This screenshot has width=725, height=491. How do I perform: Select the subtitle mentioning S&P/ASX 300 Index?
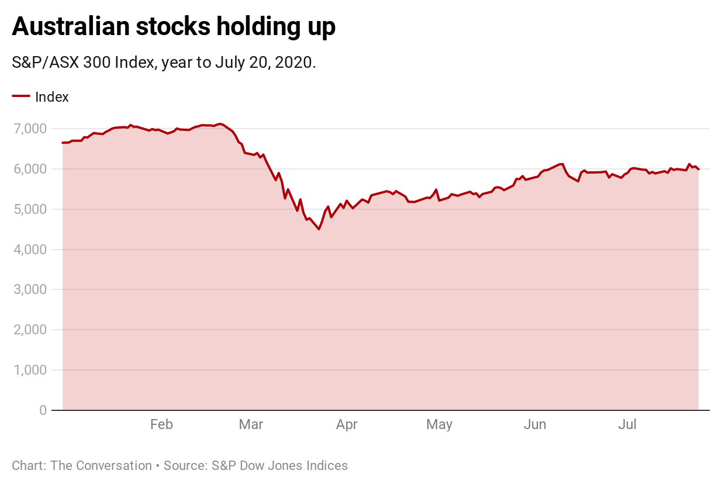coord(164,63)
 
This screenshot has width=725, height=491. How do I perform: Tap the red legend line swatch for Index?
coord(21,96)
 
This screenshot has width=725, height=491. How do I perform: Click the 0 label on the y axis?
coord(43,411)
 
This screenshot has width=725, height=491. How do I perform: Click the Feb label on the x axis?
coord(161,425)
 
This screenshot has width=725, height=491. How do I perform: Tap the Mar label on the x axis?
coord(251,425)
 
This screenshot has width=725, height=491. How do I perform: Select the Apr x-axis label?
coord(347,425)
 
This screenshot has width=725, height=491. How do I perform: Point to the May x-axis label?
coord(439,425)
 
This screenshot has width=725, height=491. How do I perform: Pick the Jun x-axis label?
coord(534,425)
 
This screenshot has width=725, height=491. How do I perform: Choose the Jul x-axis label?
coord(627,425)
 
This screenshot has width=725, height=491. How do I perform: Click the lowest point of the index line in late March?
coord(319,229)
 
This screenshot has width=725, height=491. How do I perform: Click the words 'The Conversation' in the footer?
coord(101,466)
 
